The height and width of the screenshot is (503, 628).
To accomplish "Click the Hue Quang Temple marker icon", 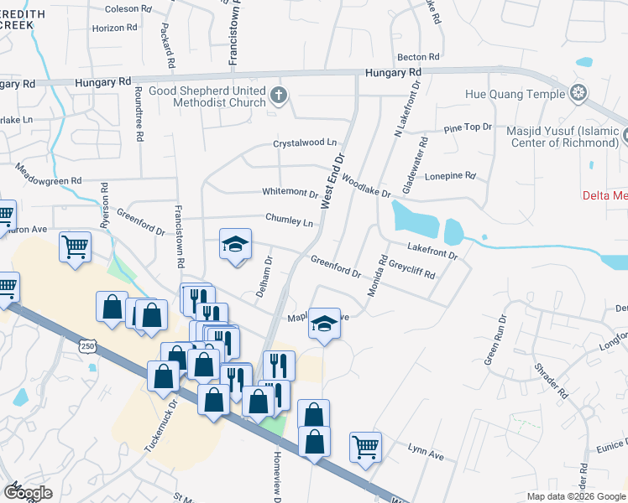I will coord(578,92).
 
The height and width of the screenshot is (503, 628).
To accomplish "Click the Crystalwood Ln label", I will coord(304,144).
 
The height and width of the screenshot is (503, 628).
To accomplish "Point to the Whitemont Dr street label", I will coord(290,193).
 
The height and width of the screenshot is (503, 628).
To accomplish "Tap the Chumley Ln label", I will coord(289,220).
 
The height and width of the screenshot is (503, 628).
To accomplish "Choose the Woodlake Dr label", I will coord(366,188).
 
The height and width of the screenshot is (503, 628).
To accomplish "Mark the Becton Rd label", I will coord(419,57).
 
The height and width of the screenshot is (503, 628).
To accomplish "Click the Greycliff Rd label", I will coord(411,268).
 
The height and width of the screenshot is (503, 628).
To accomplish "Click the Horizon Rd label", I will coord(114,28).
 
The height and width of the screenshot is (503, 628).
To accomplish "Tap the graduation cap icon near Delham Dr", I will coord(236,244).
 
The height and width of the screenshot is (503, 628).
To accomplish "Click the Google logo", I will coord(28,493).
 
